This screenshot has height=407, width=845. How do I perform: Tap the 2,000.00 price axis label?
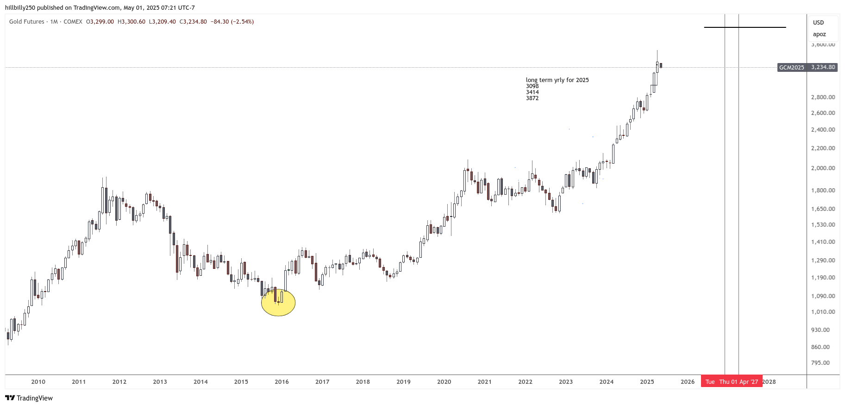click(823, 168)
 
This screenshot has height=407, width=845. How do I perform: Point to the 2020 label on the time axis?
click(444, 382)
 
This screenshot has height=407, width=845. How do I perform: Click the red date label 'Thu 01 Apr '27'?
click(739, 382)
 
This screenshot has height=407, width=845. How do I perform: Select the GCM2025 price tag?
click(791, 68)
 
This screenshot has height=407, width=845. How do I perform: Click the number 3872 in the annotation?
click(532, 98)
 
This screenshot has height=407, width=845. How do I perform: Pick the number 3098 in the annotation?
click(532, 86)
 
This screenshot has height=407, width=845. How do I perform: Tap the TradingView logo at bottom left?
click(29, 398)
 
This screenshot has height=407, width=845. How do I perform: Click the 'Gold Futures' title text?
click(27, 22)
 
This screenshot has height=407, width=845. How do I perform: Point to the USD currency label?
click(818, 23)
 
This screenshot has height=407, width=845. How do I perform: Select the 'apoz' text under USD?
click(819, 34)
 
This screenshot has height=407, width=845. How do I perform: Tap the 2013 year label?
click(160, 382)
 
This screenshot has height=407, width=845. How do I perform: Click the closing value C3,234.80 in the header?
click(193, 22)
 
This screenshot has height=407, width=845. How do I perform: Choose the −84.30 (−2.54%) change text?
click(232, 22)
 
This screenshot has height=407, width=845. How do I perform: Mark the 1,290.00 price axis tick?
click(823, 261)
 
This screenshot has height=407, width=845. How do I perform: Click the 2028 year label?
click(769, 382)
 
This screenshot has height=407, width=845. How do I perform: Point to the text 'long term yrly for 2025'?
click(557, 80)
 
